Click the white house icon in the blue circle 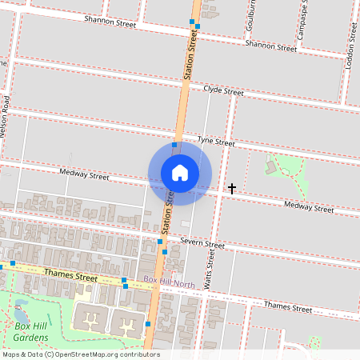coord(180,172)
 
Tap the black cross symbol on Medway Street coord(232,189)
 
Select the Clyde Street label coord(223,91)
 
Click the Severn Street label coord(202,242)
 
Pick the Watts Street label coord(210,268)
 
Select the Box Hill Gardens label coord(33,331)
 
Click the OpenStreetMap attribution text coord(81,354)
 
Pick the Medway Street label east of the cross coord(309,208)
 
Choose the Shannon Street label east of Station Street coord(270,46)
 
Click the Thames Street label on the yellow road coord(70,276)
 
